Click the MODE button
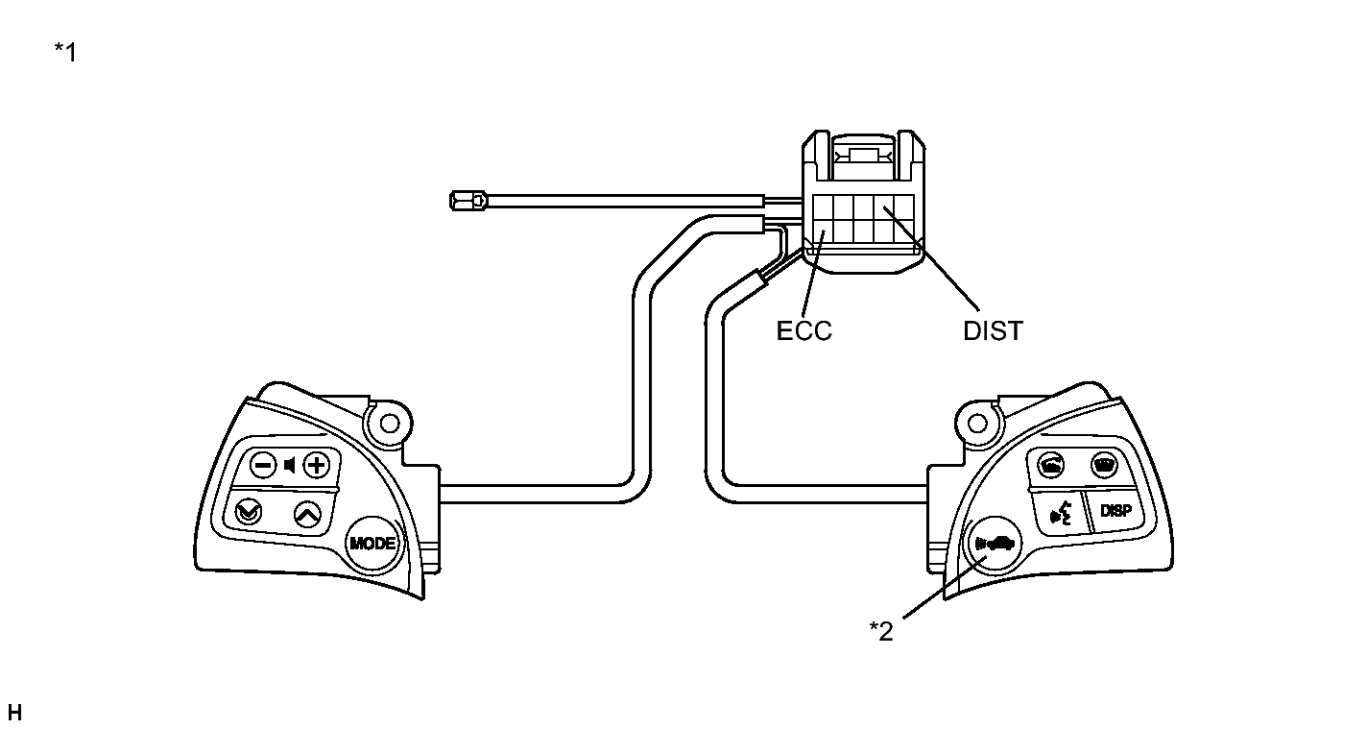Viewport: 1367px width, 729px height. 372,544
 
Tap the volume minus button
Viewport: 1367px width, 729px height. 264,466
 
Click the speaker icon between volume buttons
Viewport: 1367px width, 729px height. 290,466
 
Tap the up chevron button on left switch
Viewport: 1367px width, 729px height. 307,514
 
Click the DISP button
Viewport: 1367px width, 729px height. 1115,510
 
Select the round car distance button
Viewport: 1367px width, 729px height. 995,544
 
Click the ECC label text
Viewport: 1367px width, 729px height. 803,331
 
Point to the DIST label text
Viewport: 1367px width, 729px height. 993,331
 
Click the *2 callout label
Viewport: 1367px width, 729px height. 881,631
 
